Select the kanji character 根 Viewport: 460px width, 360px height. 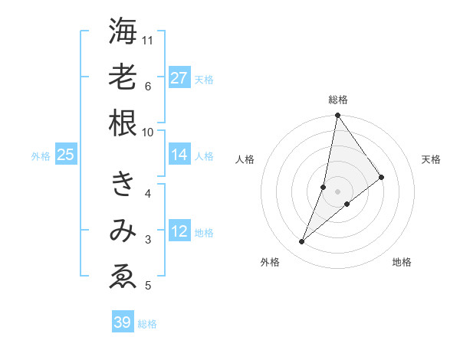[123, 122]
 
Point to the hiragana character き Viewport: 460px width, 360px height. [123, 184]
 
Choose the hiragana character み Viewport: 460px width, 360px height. [123, 231]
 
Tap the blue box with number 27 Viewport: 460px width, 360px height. [179, 78]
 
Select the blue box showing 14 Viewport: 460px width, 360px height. [179, 155]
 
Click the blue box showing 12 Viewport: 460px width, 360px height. [179, 232]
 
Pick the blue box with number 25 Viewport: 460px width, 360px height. [66, 155]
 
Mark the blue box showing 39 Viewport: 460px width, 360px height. [123, 322]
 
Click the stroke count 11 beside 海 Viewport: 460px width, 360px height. [148, 40]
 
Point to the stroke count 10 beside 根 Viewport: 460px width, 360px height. [148, 131]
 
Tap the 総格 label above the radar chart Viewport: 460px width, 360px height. [337, 100]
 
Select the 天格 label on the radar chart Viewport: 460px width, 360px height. [432, 159]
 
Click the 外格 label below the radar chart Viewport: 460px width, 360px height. [270, 263]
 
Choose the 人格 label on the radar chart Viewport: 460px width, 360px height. [245, 159]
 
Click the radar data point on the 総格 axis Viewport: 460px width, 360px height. [337, 116]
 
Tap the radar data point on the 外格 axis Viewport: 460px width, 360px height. [301, 242]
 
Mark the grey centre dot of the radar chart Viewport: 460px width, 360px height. [337, 191]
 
